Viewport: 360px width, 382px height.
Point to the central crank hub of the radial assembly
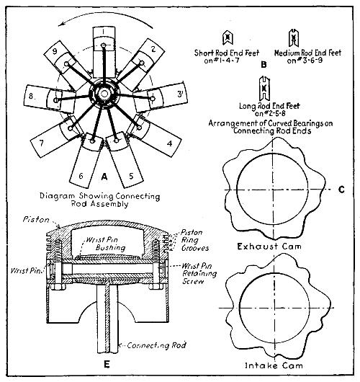(x=104, y=94)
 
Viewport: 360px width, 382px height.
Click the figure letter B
(x=264, y=64)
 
